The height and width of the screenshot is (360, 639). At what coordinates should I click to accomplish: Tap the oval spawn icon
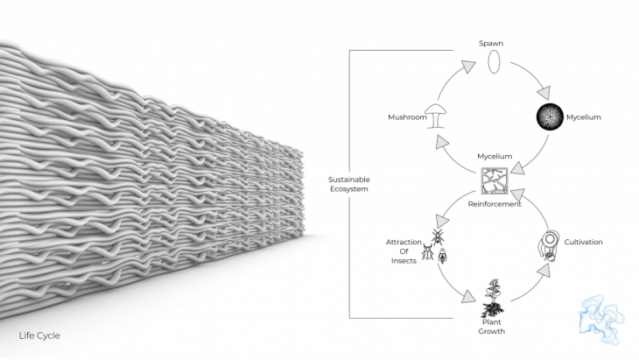tap(493, 63)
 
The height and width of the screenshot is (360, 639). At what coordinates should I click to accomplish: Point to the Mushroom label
tap(406, 116)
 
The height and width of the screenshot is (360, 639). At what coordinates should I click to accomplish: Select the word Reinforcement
tap(495, 205)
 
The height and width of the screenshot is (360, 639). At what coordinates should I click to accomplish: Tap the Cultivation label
tap(584, 242)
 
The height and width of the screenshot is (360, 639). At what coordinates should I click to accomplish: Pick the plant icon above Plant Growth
tap(492, 299)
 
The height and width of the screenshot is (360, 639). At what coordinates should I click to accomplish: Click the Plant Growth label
tap(492, 326)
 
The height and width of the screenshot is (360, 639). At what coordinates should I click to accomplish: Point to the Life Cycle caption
tap(39, 335)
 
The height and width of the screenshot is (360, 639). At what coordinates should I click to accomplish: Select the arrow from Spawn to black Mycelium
tap(532, 76)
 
